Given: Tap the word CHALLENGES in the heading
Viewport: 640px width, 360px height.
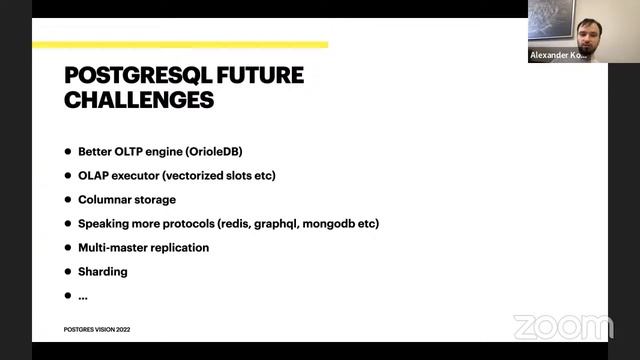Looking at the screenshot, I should (x=139, y=100).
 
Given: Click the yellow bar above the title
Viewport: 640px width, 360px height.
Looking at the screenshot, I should (x=180, y=45).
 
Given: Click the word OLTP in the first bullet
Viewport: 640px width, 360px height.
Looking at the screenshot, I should (x=135, y=152).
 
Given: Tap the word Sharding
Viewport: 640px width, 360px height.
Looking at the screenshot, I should (x=103, y=271).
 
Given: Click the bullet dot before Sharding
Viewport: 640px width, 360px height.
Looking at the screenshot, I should (x=68, y=271).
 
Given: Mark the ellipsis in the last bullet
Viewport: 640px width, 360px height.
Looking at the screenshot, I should (x=83, y=296).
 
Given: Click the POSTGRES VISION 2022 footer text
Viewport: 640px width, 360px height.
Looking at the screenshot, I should (x=96, y=329).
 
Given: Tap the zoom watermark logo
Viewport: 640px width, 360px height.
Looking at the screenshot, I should (x=563, y=327).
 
